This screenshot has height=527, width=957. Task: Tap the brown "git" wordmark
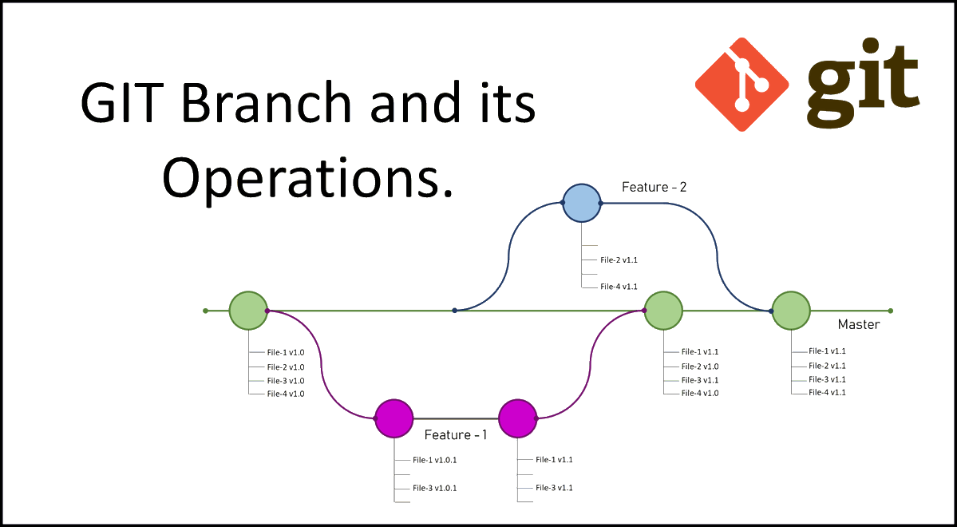[x=862, y=82]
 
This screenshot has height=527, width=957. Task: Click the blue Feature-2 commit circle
[x=581, y=203]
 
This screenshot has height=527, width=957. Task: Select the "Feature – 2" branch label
[x=654, y=188]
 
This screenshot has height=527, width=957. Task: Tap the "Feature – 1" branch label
[x=456, y=435]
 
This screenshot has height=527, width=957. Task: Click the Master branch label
[x=859, y=325]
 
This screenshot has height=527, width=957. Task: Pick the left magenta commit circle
[x=394, y=418]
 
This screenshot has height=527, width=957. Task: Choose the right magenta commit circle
[x=517, y=418]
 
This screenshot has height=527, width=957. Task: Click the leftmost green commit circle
[x=248, y=311]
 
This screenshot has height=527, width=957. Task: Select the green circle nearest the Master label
[x=791, y=311]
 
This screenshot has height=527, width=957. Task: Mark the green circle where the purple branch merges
[x=663, y=311]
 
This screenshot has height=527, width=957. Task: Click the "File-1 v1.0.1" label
[x=435, y=460]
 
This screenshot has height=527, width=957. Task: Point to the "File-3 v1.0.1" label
[x=435, y=488]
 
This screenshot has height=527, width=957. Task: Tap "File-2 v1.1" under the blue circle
[x=619, y=260]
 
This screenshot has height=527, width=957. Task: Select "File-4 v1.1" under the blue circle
[x=619, y=286]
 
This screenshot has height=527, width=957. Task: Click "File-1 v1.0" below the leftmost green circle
[x=286, y=352]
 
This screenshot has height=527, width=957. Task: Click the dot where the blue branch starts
[x=454, y=310]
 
